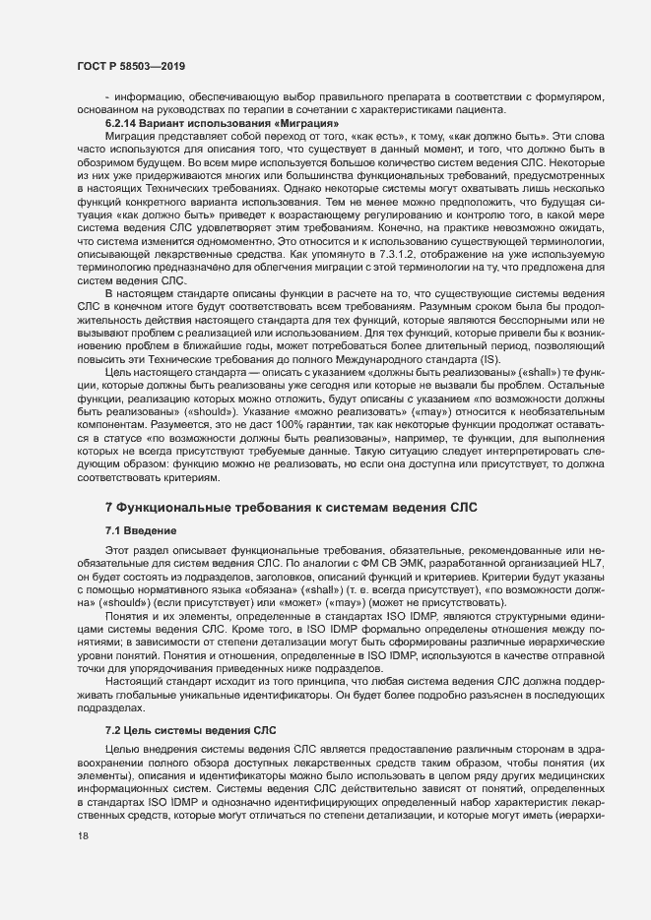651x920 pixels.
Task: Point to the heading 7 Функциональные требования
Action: (x=291, y=506)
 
